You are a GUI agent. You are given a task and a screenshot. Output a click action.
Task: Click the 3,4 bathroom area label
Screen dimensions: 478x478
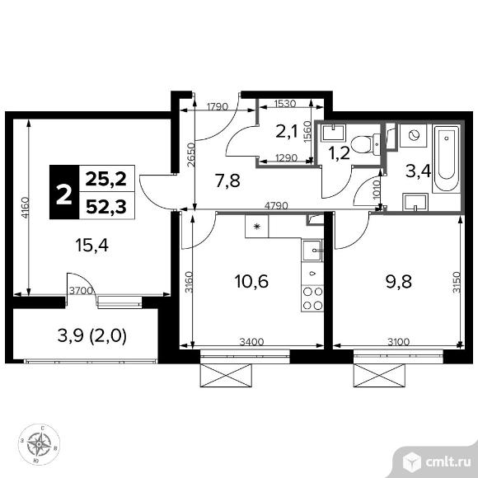pos(410,172)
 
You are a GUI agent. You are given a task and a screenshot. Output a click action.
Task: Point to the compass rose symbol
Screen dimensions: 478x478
pos(39,445)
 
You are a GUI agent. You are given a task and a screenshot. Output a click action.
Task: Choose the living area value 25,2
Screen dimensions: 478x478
pos(109,176)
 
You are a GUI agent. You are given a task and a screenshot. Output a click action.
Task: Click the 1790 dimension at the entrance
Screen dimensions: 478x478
pos(217,106)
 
